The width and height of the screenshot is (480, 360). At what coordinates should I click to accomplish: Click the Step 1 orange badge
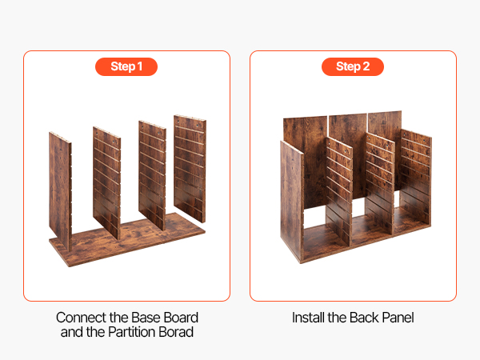pyautogui.click(x=126, y=66)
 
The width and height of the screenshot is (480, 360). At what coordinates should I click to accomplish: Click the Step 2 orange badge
pyautogui.click(x=353, y=66)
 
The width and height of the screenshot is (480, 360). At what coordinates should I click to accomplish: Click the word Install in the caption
pyautogui.click(x=308, y=318)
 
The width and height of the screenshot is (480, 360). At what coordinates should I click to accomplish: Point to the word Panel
pyautogui.click(x=398, y=318)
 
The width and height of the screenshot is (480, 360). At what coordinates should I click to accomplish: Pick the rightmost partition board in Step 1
pyautogui.click(x=190, y=168)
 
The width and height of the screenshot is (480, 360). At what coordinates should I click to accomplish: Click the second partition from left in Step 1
pyautogui.click(x=107, y=182)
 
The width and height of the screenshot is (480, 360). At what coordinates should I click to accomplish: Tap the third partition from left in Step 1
pyautogui.click(x=152, y=175)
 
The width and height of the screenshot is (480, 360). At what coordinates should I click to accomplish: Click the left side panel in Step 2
pyautogui.click(x=292, y=202)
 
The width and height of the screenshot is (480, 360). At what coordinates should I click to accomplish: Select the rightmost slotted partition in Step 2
pyautogui.click(x=415, y=181)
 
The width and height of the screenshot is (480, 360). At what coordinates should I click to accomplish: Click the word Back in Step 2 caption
pyautogui.click(x=364, y=318)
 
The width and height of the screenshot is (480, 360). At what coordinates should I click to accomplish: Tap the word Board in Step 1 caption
pyautogui.click(x=182, y=318)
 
